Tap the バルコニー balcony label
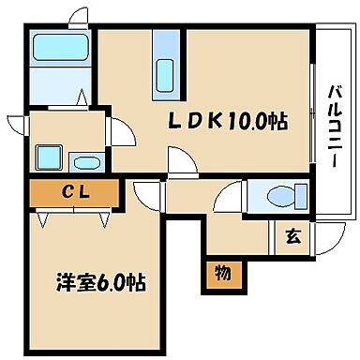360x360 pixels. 334,127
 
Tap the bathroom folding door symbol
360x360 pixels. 80,97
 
